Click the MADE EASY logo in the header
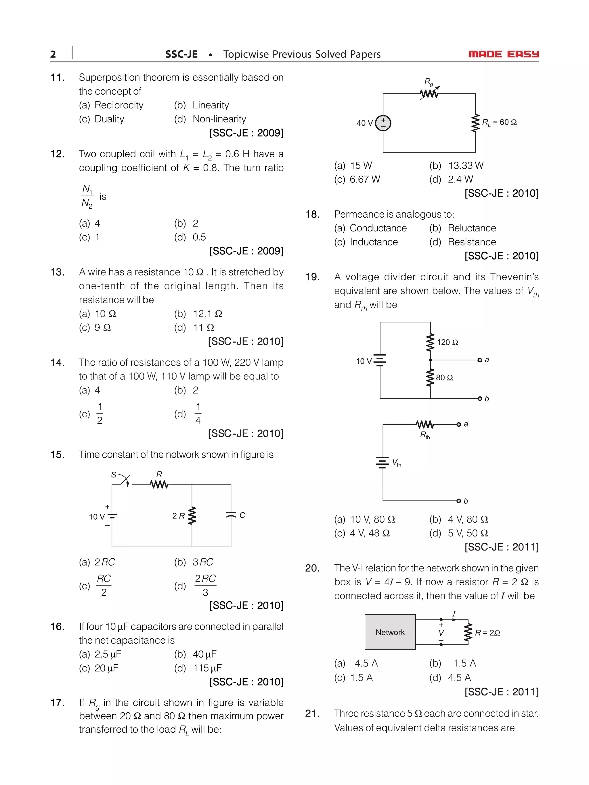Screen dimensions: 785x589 pos(503,54)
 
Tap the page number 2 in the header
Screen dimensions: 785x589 pos(53,54)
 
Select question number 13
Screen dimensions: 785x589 pos(57,272)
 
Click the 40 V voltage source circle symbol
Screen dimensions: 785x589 pos(383,123)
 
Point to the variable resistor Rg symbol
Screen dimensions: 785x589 pos(429,93)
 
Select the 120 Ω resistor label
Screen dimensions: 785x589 pos(447,342)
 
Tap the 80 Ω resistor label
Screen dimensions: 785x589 pos(444,378)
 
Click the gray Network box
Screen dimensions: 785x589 pos(390,632)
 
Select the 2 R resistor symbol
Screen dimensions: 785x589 pos(192,516)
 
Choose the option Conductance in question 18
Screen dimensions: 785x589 pos(378,228)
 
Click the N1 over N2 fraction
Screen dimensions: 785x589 pos(87,196)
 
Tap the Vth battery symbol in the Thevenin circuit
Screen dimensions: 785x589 pos(383,462)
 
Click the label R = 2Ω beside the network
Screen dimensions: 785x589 pos(487,633)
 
